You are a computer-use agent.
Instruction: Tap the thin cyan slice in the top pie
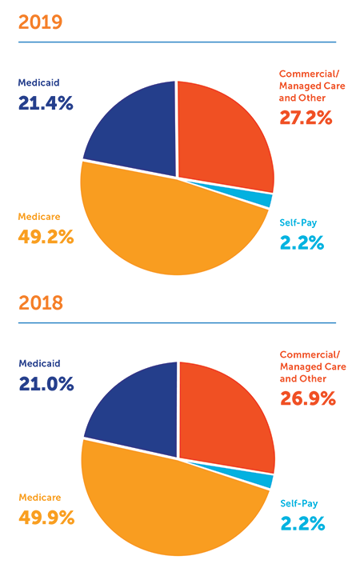coord(264,200)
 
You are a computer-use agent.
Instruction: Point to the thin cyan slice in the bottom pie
coord(265,480)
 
